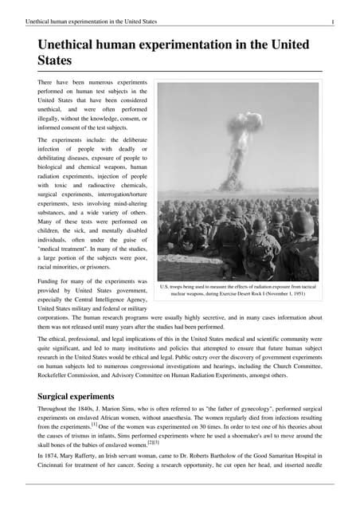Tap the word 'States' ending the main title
[55, 61]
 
